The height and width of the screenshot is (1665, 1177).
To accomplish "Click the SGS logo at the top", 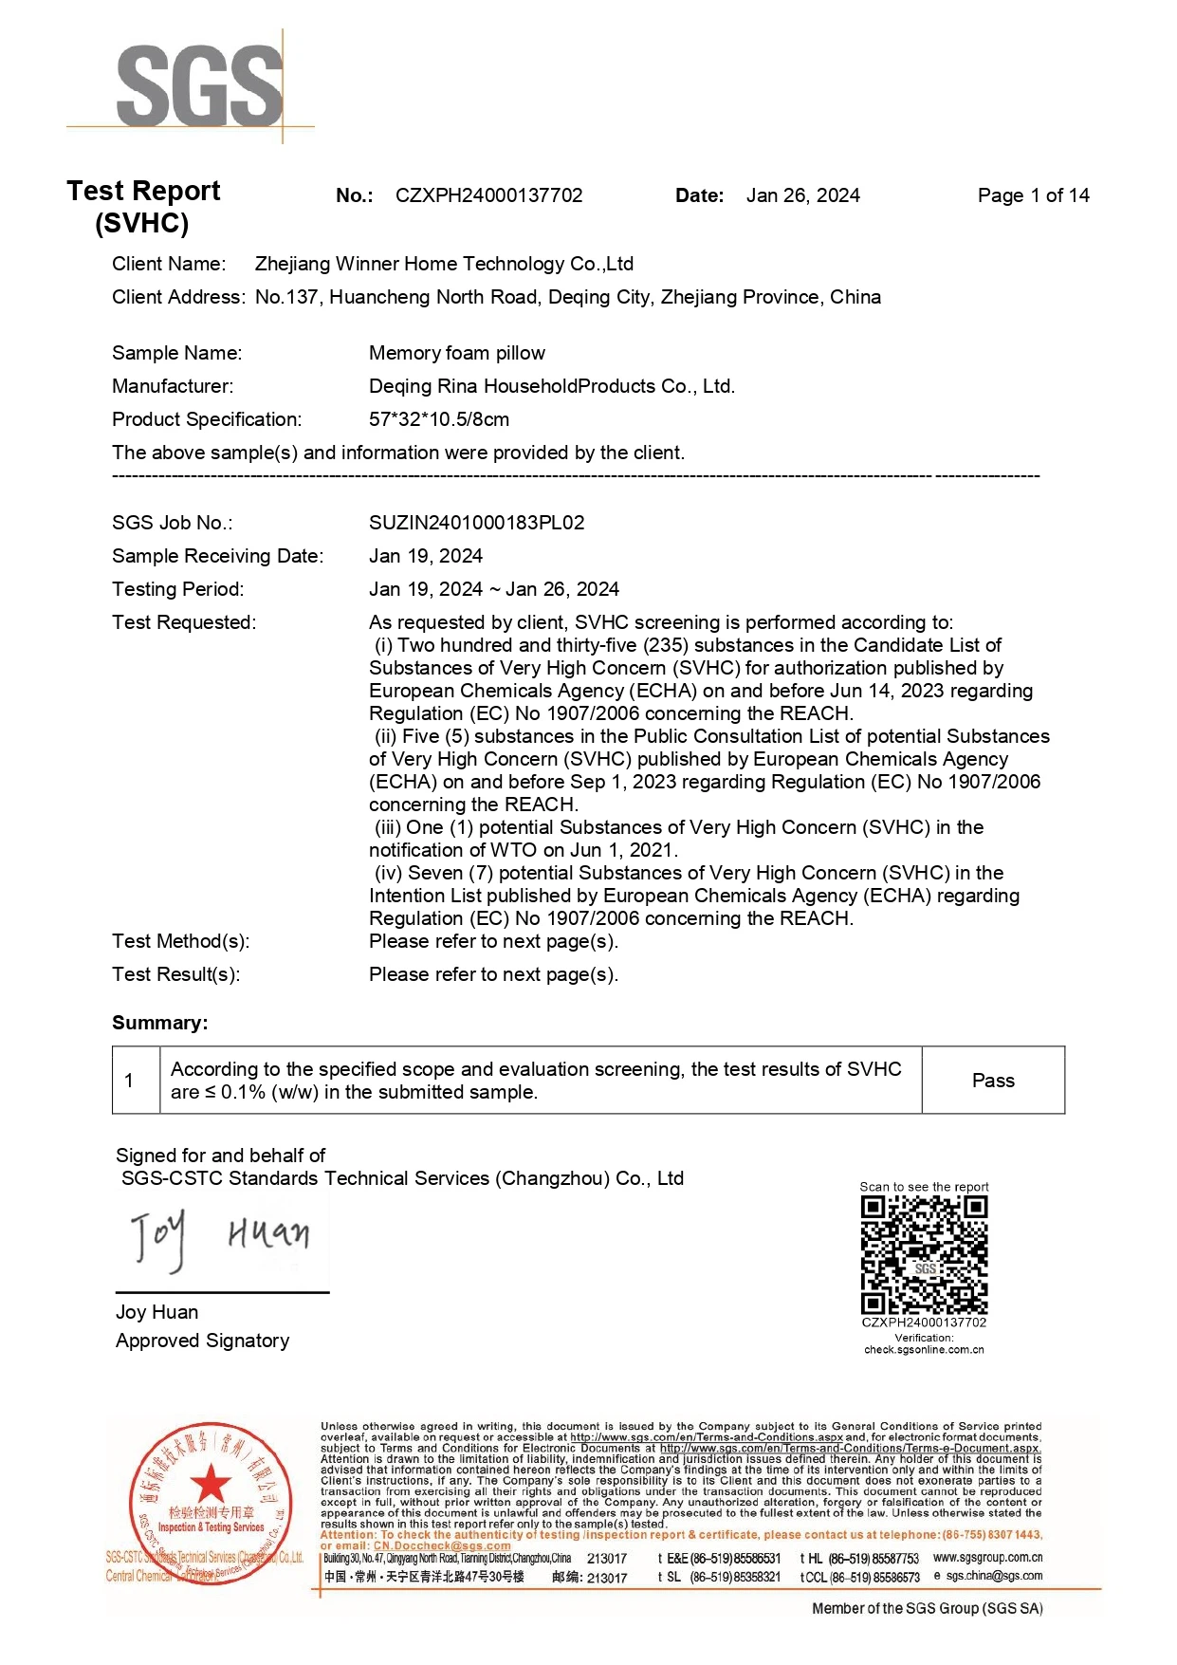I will (200, 85).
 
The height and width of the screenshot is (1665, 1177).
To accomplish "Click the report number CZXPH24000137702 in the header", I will (488, 195).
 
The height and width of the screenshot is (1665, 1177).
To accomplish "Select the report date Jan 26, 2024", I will (802, 195).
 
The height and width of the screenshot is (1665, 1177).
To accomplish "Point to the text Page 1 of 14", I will (1033, 195).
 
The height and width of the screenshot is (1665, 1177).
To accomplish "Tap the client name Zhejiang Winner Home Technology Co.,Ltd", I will (444, 264).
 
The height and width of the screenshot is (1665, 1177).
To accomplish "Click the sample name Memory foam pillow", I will (457, 353).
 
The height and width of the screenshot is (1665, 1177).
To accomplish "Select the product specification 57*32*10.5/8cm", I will (439, 419).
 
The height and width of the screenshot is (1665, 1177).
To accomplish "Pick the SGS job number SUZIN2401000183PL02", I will (477, 523).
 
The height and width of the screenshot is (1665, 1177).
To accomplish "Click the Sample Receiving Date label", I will (217, 556).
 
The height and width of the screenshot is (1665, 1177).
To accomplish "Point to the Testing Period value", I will (494, 589).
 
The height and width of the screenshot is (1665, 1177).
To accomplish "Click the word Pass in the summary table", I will (993, 1081).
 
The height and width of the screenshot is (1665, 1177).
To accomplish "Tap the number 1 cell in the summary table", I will (129, 1081).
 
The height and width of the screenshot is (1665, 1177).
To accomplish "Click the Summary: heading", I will (159, 1023).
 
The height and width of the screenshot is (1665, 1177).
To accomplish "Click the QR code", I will (924, 1254).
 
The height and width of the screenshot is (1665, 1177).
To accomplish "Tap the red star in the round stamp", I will (211, 1484).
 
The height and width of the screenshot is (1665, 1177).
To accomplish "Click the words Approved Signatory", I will (202, 1341).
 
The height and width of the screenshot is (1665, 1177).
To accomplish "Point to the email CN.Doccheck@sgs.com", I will (442, 1545).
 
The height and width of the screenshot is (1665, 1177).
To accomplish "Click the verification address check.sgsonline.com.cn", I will (924, 1349).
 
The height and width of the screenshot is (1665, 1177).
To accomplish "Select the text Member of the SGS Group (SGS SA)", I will (927, 1608).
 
